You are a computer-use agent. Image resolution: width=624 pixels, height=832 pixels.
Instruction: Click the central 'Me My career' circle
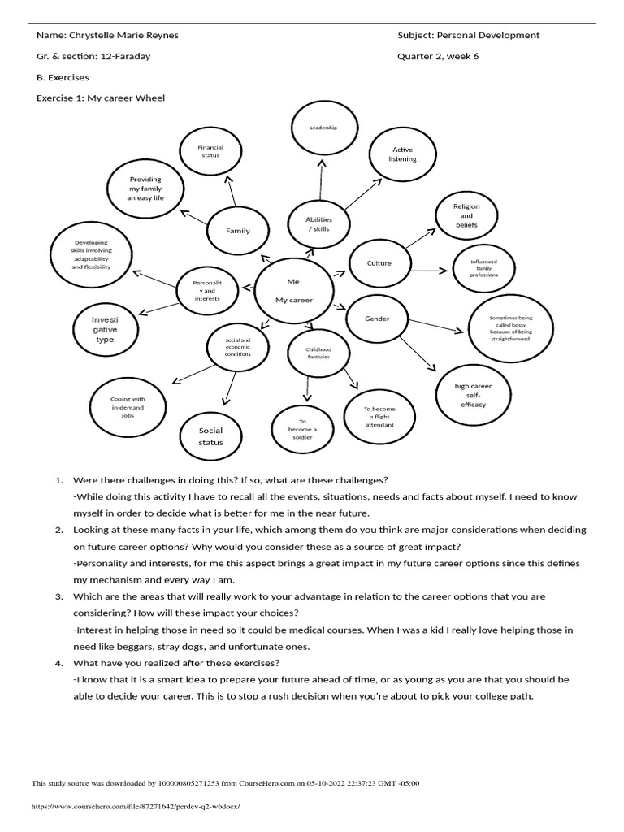[293, 290]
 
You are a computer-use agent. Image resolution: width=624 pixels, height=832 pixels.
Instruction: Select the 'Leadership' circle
[323, 128]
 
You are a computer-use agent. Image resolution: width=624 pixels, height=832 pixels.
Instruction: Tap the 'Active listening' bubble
[403, 154]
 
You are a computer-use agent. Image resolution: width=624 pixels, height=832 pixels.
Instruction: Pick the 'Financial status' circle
[210, 151]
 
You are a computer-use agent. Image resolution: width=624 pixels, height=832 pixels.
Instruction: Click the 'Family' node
[238, 231]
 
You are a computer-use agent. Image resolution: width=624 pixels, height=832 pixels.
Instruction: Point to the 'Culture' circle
[379, 263]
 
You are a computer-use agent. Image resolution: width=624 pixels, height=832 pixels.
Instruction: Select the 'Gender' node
[377, 318]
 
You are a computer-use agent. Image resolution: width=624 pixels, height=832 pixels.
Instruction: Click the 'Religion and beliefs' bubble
[466, 215]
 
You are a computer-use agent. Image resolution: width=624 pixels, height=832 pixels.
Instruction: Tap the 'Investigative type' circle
[105, 330]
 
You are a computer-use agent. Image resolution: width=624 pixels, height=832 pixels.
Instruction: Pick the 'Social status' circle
[210, 436]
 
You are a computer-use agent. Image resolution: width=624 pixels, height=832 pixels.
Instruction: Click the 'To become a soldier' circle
[302, 430]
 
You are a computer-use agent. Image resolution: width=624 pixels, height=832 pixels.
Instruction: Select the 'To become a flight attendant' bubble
[378, 417]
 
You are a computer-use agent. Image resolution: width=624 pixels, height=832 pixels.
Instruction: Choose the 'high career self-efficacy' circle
[473, 394]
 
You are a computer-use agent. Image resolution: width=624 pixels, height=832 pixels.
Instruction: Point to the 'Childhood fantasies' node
[318, 353]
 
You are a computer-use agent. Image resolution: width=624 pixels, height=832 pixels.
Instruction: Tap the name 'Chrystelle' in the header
[98, 36]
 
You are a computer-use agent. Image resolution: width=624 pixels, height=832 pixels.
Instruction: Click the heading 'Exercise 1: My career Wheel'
[101, 98]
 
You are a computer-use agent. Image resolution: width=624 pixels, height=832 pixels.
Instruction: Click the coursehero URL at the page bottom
[136, 807]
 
